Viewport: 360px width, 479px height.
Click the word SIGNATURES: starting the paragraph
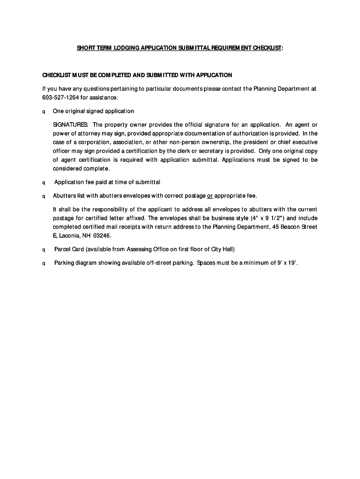pos(71,125)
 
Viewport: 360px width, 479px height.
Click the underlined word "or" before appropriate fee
pos(210,196)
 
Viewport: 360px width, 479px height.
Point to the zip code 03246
pos(102,236)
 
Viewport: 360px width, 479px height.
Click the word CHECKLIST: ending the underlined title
pos(266,48)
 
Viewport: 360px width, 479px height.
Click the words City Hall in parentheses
pos(222,249)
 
